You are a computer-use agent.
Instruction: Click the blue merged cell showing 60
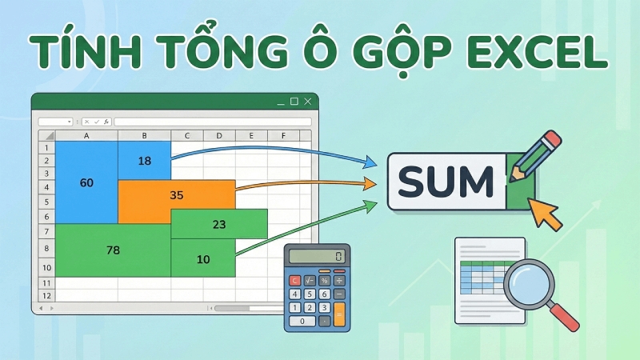coord(86,182)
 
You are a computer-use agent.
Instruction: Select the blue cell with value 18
coord(144,161)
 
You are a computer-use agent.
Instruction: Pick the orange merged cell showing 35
coord(177,194)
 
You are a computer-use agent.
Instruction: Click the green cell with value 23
coord(219,225)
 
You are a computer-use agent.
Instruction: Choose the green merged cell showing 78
coord(113,250)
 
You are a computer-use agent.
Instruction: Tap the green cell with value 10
coord(203,258)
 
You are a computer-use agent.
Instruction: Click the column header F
coord(282,136)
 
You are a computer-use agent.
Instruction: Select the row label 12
coord(46,295)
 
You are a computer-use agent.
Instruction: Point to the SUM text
coord(446,182)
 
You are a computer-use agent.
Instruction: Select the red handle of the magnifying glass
coord(566,317)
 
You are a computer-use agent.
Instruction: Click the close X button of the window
coord(308,102)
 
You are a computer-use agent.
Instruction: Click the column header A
coord(86,136)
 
